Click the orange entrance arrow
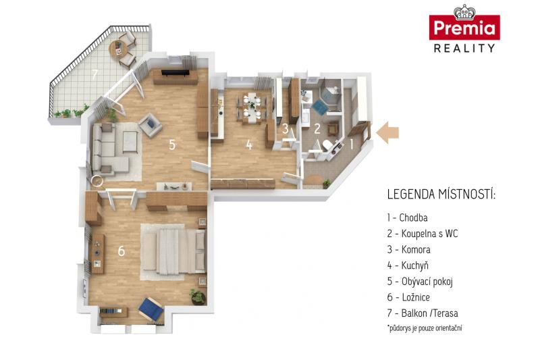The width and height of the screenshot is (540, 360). click(x=387, y=132)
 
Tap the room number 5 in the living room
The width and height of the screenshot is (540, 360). click(x=172, y=145)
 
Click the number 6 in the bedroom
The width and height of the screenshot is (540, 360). click(x=122, y=251)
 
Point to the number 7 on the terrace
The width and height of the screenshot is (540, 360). click(x=95, y=74)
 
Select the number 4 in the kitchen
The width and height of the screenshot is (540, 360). click(x=249, y=145)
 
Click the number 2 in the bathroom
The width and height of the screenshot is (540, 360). click(x=317, y=128)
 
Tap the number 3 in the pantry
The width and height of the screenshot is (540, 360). click(x=285, y=128)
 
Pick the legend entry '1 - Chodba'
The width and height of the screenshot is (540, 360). click(x=407, y=217)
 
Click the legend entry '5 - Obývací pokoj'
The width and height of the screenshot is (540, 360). click(x=420, y=282)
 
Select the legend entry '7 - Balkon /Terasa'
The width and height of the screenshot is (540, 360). click(x=423, y=313)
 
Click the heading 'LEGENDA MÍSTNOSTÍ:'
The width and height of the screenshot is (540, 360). click(x=441, y=195)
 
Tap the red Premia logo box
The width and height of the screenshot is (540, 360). click(x=464, y=27)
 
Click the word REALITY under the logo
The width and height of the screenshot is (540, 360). click(x=464, y=48)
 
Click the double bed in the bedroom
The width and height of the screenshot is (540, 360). click(x=174, y=251)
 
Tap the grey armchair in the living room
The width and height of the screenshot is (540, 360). click(x=150, y=126)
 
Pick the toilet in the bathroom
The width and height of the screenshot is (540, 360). click(x=327, y=145)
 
